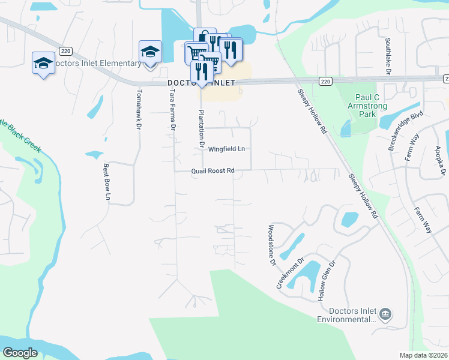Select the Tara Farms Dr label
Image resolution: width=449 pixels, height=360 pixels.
pyautogui.click(x=173, y=109)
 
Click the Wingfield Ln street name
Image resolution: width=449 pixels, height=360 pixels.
pyautogui.click(x=227, y=149)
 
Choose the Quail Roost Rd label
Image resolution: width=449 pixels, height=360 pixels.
pyautogui.click(x=212, y=170)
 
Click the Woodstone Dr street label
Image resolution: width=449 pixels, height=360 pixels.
pyautogui.click(x=271, y=245)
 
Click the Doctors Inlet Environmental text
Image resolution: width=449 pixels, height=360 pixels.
pyautogui.click(x=353, y=316)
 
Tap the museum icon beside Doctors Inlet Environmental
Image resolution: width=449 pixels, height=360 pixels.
pyautogui.click(x=386, y=314)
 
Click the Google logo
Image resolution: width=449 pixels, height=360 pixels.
pyautogui.click(x=20, y=353)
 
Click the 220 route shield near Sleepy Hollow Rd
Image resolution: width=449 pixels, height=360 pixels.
pyautogui.click(x=325, y=81)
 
